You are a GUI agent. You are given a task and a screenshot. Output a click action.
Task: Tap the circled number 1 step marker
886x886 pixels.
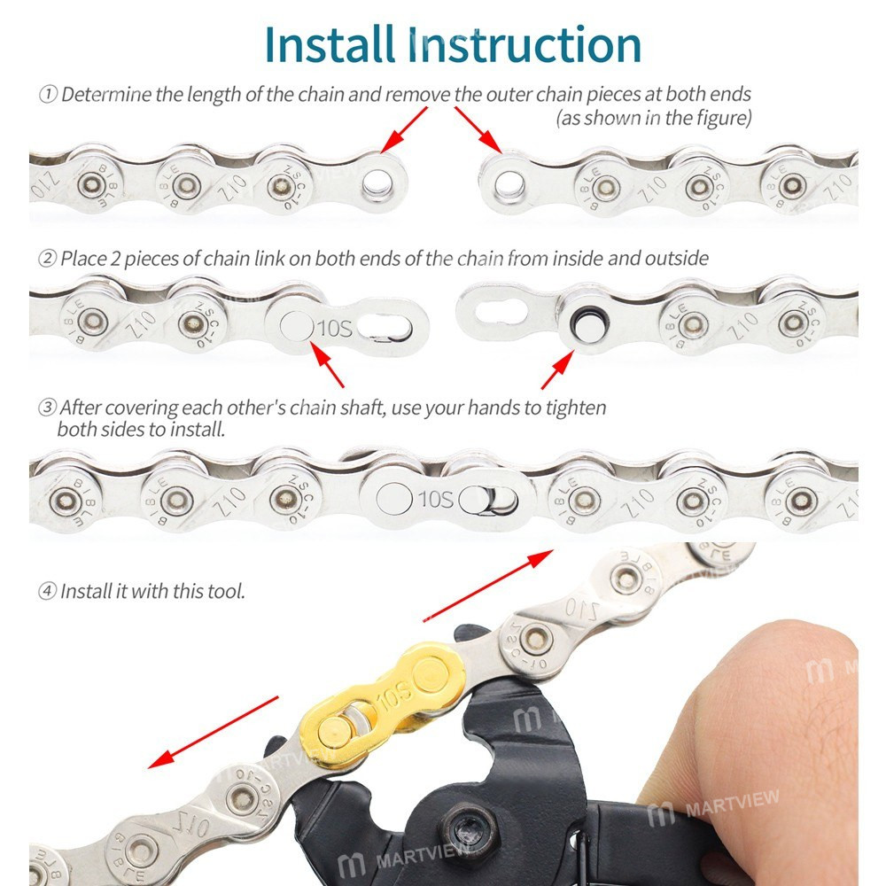[48, 95]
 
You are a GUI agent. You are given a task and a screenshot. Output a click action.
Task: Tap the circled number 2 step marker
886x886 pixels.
[48, 259]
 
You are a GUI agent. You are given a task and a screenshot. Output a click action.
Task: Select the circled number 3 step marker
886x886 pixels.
[48, 408]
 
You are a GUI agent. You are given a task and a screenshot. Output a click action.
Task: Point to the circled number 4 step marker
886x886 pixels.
[48, 591]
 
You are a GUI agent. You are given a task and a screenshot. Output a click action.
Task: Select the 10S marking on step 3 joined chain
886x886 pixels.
[435, 499]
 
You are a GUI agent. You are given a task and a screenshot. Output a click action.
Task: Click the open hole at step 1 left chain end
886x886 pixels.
[376, 184]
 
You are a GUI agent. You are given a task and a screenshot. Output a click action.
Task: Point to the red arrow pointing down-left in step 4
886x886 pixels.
[213, 731]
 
